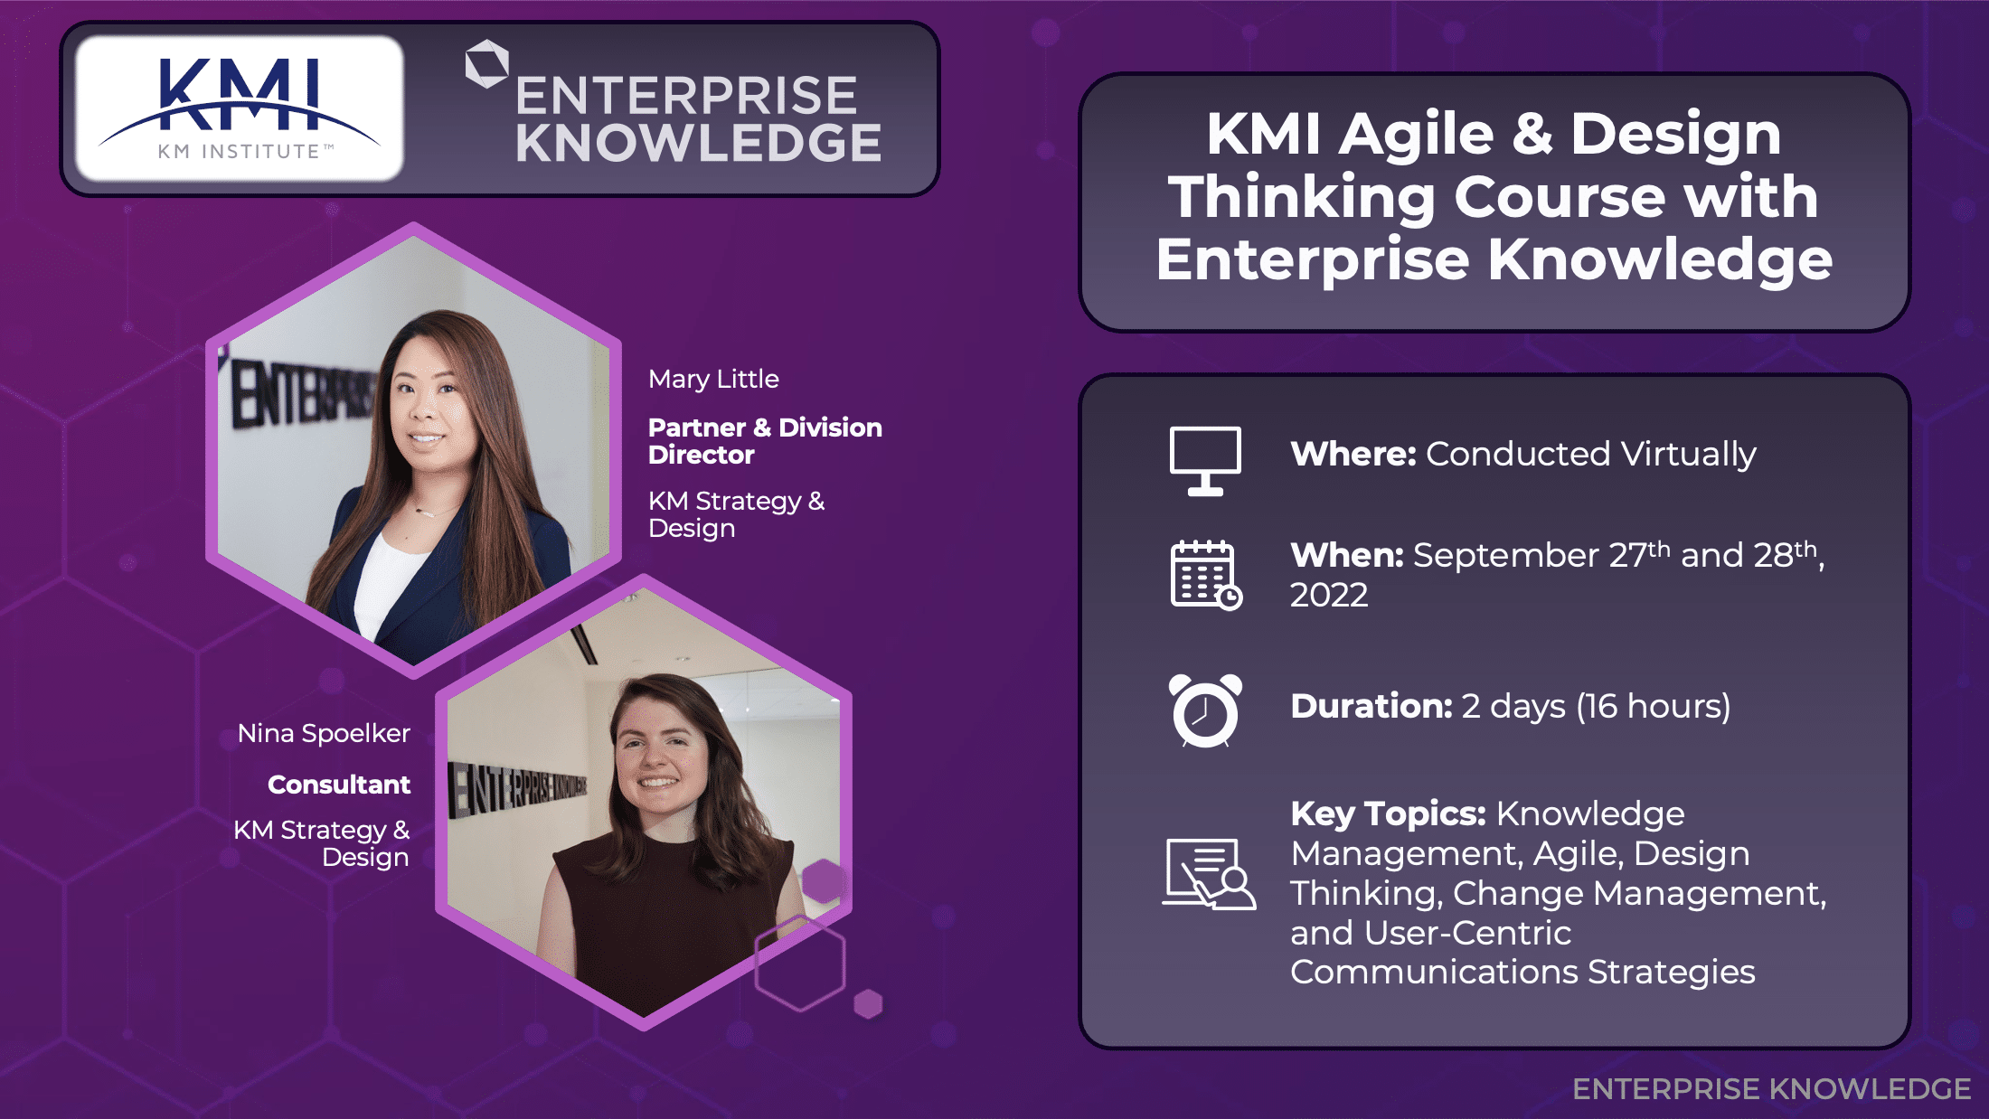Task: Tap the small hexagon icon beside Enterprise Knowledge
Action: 486,64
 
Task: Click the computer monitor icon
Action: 1205,460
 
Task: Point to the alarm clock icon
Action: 1205,710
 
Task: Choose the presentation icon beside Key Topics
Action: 1208,874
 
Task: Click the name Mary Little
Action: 713,379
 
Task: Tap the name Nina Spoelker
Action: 324,733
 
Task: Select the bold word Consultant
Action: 339,785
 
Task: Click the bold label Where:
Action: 1353,454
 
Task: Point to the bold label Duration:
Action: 1371,706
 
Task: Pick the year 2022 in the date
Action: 1328,595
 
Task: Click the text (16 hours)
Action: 1654,706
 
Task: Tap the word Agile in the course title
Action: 1416,134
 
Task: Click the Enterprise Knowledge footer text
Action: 1771,1089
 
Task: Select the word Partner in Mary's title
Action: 697,428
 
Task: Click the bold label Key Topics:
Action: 1388,813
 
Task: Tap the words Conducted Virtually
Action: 1590,454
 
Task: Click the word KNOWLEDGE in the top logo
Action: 698,143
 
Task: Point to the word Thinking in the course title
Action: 1302,197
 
